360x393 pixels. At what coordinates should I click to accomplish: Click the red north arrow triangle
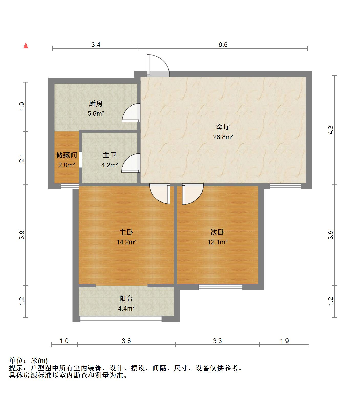click(x=26, y=46)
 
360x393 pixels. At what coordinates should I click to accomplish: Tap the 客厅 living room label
click(x=223, y=127)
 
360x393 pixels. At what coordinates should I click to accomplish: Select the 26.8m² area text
click(x=223, y=137)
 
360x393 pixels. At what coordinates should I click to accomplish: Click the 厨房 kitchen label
click(x=96, y=104)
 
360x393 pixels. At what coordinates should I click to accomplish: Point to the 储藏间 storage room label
click(x=67, y=155)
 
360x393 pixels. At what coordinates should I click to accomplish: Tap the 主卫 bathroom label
click(x=110, y=155)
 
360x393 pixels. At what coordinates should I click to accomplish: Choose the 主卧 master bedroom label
click(x=126, y=232)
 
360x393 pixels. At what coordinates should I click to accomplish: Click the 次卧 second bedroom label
click(x=217, y=232)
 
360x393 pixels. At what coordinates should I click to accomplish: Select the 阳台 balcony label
click(x=126, y=299)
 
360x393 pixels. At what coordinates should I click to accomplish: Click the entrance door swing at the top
click(x=158, y=66)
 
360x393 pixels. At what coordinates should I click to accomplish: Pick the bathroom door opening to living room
click(x=131, y=163)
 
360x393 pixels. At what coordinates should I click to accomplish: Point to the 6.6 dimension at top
click(x=223, y=45)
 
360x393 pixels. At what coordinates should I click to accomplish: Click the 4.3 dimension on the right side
click(x=331, y=130)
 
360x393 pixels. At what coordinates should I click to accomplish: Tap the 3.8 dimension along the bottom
click(x=126, y=341)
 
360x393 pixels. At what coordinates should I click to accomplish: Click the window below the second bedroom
click(x=221, y=287)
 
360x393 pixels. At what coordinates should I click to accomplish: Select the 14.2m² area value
click(x=126, y=242)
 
